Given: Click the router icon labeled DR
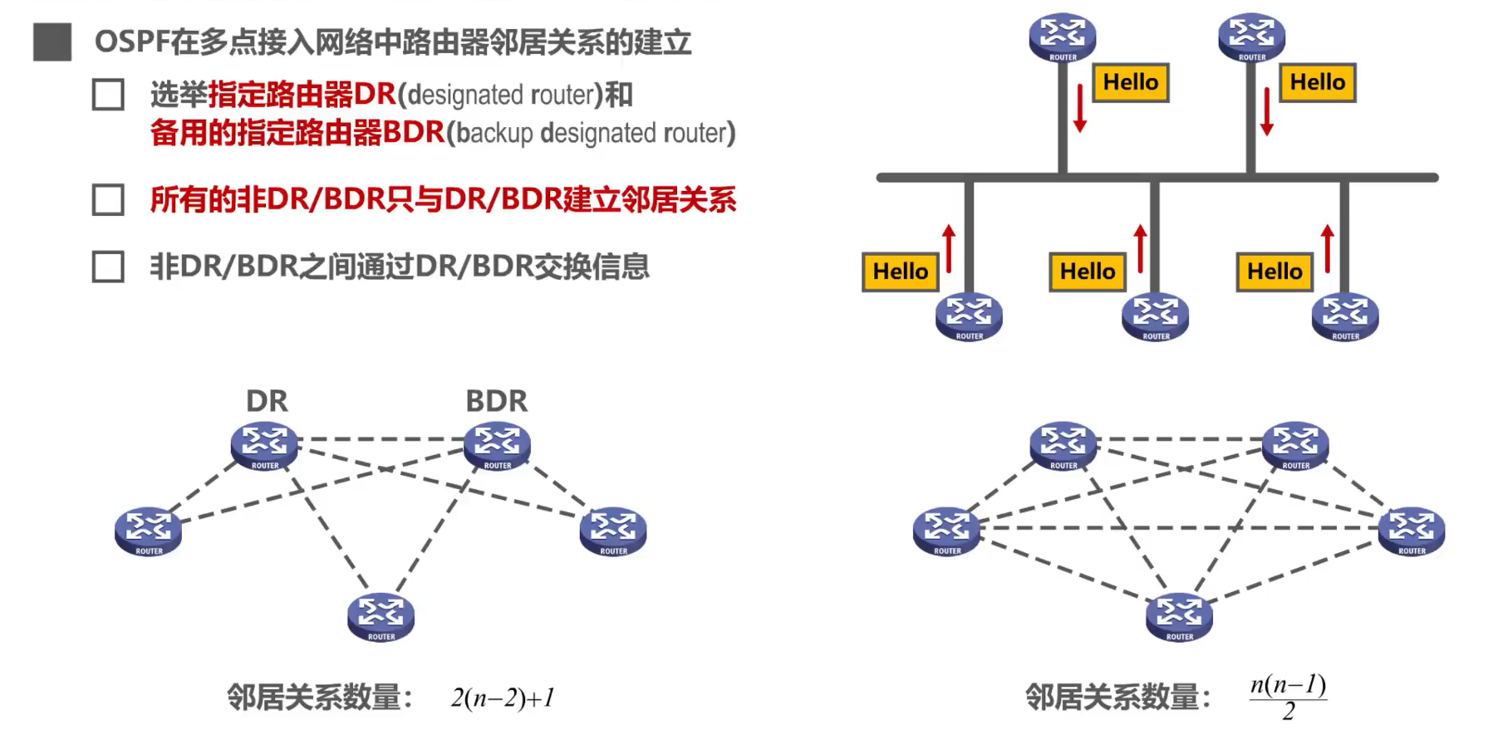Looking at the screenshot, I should click(264, 445).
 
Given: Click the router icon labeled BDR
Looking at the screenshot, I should click(497, 445).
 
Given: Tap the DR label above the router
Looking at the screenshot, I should click(267, 401).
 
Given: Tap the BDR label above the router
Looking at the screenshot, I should click(496, 401).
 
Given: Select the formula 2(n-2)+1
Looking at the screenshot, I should click(503, 697).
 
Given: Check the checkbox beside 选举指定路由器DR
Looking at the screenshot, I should click(108, 95).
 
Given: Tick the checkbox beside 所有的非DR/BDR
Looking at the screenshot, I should click(108, 200).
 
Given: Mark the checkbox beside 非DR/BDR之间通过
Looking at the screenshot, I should click(108, 267).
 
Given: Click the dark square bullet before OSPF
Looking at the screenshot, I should click(52, 42).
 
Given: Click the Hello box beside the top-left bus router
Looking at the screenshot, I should click(1130, 82).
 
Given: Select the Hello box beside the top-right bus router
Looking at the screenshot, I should click(1317, 82).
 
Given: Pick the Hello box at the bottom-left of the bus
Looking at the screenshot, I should click(901, 272).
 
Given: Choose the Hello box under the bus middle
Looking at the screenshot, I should click(1088, 272).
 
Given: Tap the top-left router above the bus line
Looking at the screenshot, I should click(1063, 37).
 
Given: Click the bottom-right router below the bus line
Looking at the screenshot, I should click(1344, 316).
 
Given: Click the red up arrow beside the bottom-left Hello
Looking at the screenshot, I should click(949, 247).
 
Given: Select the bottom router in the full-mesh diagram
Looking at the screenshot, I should click(1179, 616).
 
